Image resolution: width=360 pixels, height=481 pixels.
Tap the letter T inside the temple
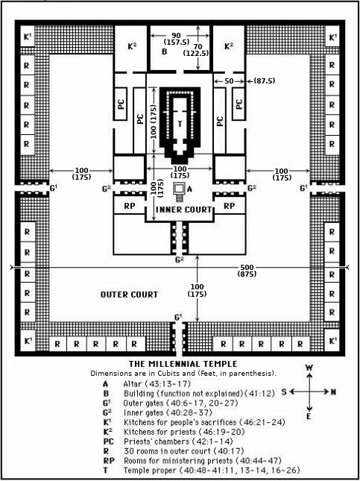[x=180, y=124]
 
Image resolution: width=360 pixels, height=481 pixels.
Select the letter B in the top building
[x=165, y=51]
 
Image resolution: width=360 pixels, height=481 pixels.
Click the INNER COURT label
[x=183, y=210]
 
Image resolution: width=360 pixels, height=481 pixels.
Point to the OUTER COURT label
[x=129, y=295]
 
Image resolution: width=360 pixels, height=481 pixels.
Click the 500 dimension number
[x=247, y=268]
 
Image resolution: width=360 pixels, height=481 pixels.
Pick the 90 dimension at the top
[x=177, y=35]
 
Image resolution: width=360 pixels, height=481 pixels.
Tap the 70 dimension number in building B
[x=198, y=47]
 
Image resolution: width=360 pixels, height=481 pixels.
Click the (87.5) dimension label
[x=263, y=81]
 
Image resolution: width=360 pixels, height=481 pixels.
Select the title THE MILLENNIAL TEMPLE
[x=183, y=364]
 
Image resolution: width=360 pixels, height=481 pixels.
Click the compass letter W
[x=309, y=368]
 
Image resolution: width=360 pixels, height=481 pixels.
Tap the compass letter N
[x=333, y=392]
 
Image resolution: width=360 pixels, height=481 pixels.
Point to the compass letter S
[x=284, y=392]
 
